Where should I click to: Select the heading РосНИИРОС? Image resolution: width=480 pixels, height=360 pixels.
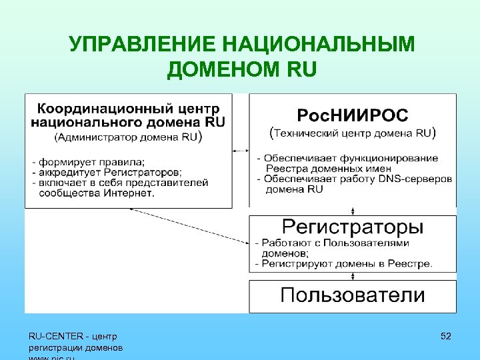pyautogui.click(x=352, y=115)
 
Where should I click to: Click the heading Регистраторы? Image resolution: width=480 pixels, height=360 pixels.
pyautogui.click(x=352, y=227)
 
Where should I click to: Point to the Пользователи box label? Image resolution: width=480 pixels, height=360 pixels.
pyautogui.click(x=352, y=295)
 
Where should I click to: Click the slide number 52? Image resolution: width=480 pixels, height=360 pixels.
pyautogui.click(x=446, y=337)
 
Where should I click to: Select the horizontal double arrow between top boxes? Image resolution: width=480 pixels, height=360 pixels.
pyautogui.click(x=241, y=151)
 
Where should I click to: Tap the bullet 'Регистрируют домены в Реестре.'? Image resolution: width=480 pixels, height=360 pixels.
pyautogui.click(x=347, y=264)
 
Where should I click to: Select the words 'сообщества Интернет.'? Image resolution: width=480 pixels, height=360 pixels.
pyautogui.click(x=97, y=193)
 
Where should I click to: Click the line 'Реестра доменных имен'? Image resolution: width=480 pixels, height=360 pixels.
pyautogui.click(x=320, y=169)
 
